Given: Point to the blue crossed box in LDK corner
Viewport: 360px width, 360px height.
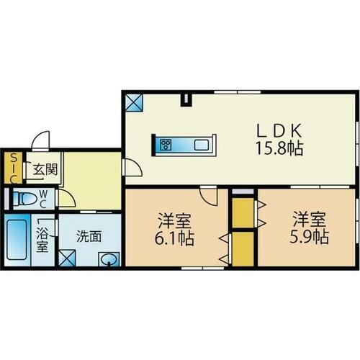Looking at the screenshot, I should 133,102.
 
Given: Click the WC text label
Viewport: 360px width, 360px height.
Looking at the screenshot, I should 43,197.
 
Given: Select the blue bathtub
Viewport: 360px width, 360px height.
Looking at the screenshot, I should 17,241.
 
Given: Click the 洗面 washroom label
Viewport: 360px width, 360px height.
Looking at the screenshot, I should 89,235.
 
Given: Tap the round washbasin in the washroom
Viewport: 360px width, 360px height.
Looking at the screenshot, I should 110,260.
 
